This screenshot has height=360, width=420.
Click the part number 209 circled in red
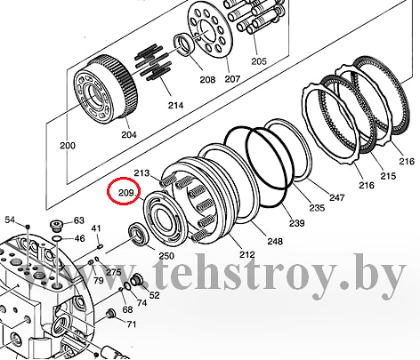click(125, 193)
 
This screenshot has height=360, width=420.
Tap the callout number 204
click(129, 134)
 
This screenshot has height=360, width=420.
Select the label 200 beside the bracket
click(68, 146)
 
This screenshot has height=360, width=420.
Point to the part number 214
click(175, 105)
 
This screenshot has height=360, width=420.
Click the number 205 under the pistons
click(259, 61)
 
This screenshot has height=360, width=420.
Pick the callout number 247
click(337, 197)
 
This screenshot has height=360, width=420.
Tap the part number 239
click(297, 223)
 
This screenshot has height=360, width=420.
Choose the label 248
click(275, 241)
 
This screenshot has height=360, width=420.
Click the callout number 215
click(388, 176)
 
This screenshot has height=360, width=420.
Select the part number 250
click(166, 256)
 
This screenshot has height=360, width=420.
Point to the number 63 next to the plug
click(79, 220)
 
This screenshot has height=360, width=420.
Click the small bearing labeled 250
click(139, 235)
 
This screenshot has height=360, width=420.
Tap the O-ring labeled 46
click(57, 238)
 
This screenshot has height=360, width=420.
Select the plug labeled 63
click(56, 225)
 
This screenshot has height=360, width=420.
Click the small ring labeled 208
click(184, 44)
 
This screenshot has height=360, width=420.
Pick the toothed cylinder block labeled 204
click(105, 88)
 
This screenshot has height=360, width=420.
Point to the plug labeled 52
click(136, 279)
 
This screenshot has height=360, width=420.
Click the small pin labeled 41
click(101, 245)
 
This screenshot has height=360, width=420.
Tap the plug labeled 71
click(111, 313)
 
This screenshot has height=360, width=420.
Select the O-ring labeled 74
click(126, 286)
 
